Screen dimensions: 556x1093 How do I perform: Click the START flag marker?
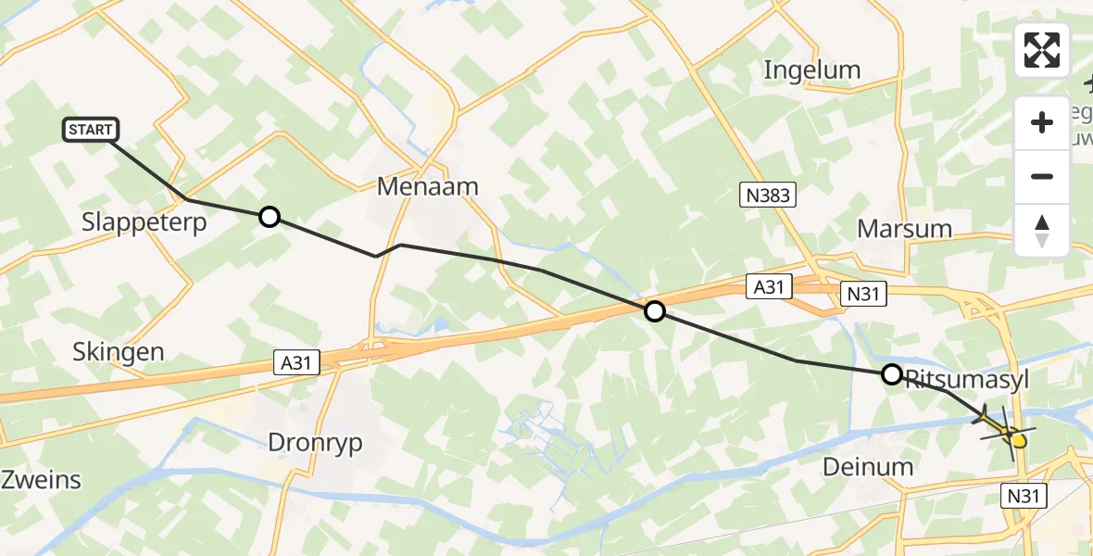[91, 130]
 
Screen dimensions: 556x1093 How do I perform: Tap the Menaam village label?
[427, 187]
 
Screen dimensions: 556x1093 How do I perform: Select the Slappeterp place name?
[144, 224]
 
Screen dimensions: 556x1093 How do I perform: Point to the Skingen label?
[119, 352]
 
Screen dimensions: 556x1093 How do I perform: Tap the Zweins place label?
[41, 481]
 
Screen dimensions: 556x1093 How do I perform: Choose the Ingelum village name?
[811, 70]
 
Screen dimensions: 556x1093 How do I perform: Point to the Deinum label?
[868, 468]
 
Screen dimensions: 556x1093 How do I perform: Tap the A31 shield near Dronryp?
[295, 362]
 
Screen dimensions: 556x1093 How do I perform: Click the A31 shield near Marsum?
[769, 287]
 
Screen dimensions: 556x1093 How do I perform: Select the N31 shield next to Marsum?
[863, 295]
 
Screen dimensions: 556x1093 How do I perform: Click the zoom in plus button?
[1042, 122]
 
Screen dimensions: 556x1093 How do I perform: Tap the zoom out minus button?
[1042, 176]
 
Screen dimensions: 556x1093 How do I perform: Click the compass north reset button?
[1042, 230]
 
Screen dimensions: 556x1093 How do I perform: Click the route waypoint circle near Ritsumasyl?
[891, 374]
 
